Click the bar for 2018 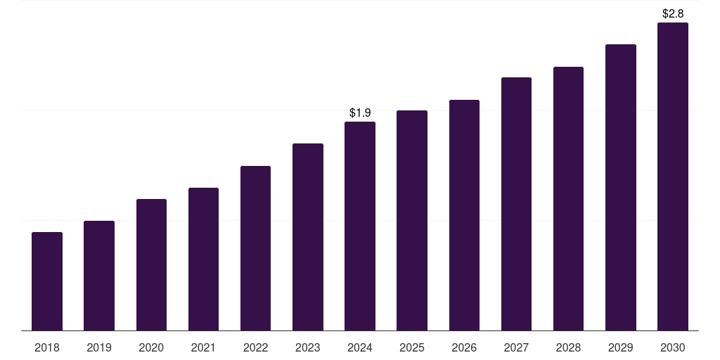(x=47, y=281)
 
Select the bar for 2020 (x=151, y=265)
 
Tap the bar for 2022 (x=255, y=248)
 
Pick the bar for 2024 (x=360, y=226)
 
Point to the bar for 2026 (x=464, y=215)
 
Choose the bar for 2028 (x=568, y=199)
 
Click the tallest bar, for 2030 (x=673, y=176)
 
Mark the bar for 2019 (x=99, y=276)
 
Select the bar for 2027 (x=516, y=204)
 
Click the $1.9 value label (x=360, y=112)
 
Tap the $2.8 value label (x=673, y=13)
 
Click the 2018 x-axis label (x=47, y=347)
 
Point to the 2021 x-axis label (x=203, y=347)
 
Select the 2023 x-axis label (x=308, y=347)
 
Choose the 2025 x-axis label (x=412, y=347)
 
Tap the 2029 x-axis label (x=621, y=347)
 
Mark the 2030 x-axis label (x=673, y=347)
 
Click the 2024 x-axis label (x=360, y=347)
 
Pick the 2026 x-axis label (x=464, y=347)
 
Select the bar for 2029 (x=621, y=188)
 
